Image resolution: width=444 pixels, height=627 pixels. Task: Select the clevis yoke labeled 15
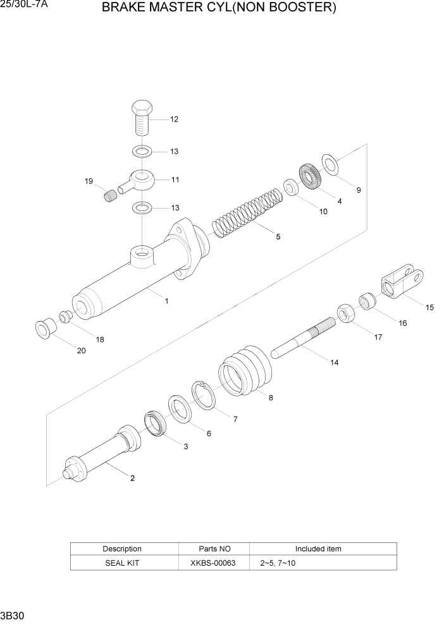click(402, 283)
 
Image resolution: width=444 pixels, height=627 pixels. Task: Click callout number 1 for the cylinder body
click(166, 301)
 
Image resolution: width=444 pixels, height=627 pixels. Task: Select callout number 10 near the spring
click(323, 212)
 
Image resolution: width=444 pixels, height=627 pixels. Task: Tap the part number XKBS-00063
click(213, 563)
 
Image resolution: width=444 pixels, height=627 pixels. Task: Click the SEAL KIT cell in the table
click(122, 563)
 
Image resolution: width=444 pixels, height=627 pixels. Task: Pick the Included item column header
click(318, 549)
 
